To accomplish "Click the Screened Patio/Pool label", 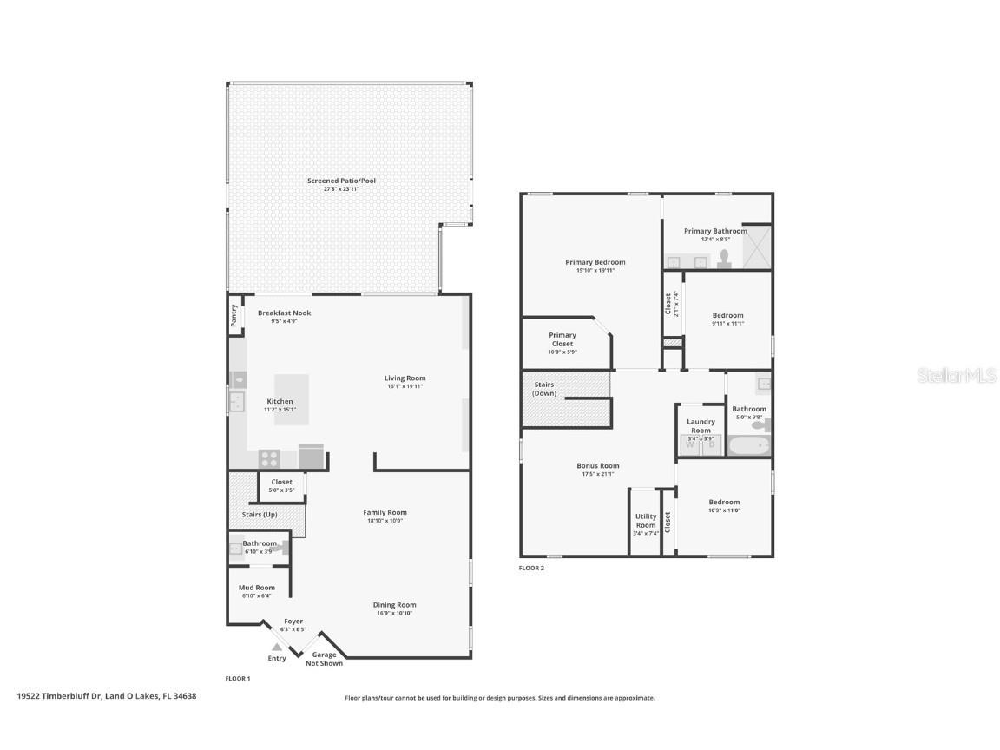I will (341, 181).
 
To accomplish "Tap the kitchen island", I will (292, 399).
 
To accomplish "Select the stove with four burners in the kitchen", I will (269, 457).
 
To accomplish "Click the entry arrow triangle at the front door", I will (277, 647).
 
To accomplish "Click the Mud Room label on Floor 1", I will (258, 588).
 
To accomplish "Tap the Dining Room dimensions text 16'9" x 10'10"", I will (394, 613).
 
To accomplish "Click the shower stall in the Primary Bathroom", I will (756, 247).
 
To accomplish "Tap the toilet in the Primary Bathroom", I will (723, 259).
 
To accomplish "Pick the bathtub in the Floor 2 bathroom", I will (747, 446).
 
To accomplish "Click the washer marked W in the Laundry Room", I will (691, 444).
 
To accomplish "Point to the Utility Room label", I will (646, 521).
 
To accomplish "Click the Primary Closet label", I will (562, 339).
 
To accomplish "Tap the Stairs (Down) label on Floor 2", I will (544, 389).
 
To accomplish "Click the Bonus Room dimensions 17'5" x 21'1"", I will (597, 474).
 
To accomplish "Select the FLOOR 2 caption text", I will (531, 568).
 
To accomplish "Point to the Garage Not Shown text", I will (324, 659).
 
